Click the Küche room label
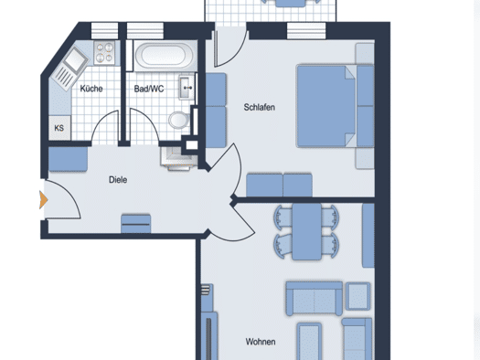91,89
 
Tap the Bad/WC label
149,89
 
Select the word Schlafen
260,107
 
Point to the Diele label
118,180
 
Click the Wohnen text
261,342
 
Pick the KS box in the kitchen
59,128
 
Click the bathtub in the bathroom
164,56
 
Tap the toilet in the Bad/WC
179,120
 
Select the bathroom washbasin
187,88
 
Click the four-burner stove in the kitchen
104,53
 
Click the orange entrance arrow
44,200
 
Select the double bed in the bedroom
326,106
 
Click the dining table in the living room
306,232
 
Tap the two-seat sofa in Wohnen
314,299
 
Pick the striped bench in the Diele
136,224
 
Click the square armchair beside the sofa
357,296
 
